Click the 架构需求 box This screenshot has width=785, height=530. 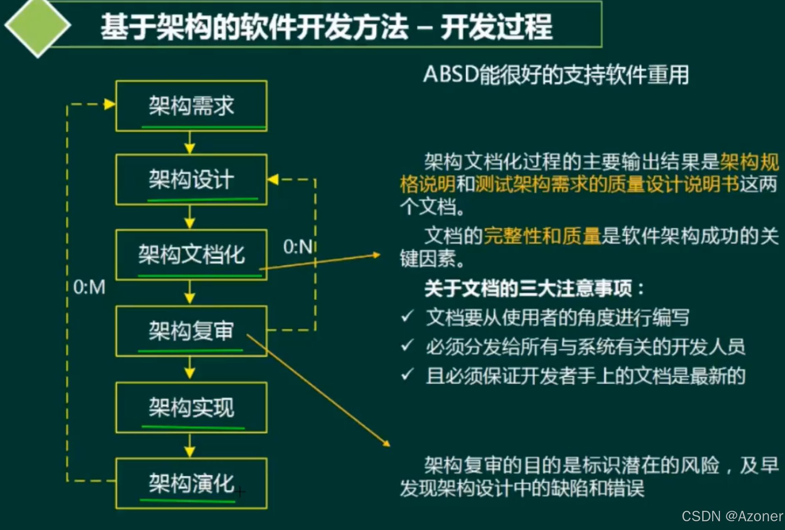pos(191,106)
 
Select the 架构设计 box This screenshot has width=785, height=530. pos(191,180)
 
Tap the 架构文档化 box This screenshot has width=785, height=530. pos(191,255)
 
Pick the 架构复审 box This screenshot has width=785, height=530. pos(191,331)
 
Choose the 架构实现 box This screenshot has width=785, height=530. pos(191,407)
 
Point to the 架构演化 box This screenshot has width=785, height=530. pos(191,483)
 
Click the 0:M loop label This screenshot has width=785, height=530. pos(89,287)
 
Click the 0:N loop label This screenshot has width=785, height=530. pos(298,247)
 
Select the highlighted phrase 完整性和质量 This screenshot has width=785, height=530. pos(542,236)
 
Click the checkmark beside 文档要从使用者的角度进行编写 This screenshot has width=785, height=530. pos(407,317)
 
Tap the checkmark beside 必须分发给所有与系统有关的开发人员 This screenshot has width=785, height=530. pos(407,345)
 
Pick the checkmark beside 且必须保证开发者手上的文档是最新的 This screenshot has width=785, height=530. pos(407,375)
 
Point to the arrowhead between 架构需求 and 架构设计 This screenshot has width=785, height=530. pos(190,148)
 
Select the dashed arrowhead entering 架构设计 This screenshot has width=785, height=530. pos(273,180)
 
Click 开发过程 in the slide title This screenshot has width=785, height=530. pos(496,27)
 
